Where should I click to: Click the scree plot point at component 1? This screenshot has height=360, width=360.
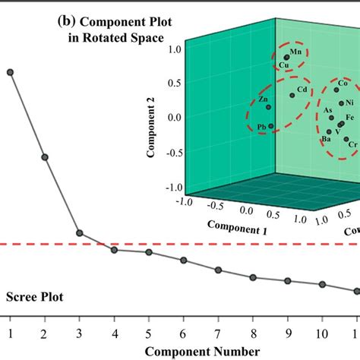tap(10, 72)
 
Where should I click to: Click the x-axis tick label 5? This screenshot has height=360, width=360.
tap(149, 333)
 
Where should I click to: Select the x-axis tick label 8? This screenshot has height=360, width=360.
tap(253, 333)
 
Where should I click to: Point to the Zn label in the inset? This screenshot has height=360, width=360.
tap(263, 99)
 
